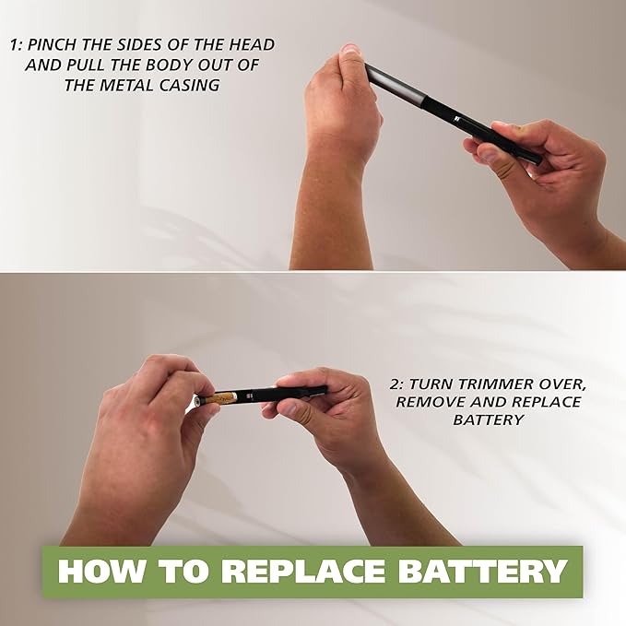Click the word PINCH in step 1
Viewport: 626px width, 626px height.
(x=53, y=44)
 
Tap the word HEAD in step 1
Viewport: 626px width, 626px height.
(x=252, y=44)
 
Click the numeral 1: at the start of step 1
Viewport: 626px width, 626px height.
(x=16, y=44)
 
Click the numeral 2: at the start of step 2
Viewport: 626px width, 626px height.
(x=396, y=384)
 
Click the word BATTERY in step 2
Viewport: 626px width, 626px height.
(x=489, y=419)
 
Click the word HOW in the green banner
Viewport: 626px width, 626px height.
(x=100, y=571)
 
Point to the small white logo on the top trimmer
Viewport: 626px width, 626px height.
(x=457, y=119)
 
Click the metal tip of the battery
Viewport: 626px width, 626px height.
(x=196, y=400)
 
